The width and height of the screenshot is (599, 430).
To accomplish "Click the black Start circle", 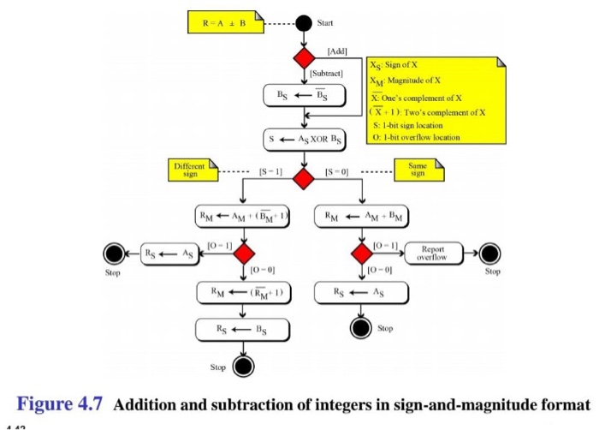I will point(305,22).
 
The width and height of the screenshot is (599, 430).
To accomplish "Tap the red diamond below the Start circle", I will point(305,59).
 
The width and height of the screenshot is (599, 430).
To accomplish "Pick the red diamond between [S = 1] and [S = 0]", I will point(304,177).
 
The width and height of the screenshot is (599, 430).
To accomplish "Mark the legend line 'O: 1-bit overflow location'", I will point(416,136).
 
